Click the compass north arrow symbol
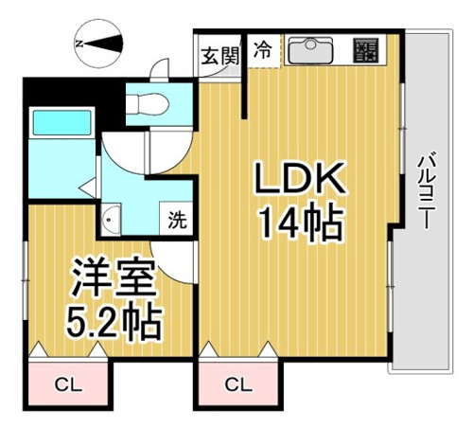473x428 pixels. [x=98, y=44]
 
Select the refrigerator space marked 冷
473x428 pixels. [x=263, y=50]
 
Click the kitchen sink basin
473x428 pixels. [x=310, y=50]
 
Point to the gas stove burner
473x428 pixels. [x=366, y=50]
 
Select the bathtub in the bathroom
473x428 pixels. [x=61, y=123]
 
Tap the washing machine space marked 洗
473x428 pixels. [x=177, y=219]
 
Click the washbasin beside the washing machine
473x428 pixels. [x=111, y=219]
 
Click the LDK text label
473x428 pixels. [x=301, y=177]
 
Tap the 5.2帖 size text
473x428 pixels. [x=114, y=322]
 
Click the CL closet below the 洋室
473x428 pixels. [x=68, y=385]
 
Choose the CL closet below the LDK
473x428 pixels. [x=238, y=385]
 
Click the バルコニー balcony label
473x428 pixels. [x=425, y=190]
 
